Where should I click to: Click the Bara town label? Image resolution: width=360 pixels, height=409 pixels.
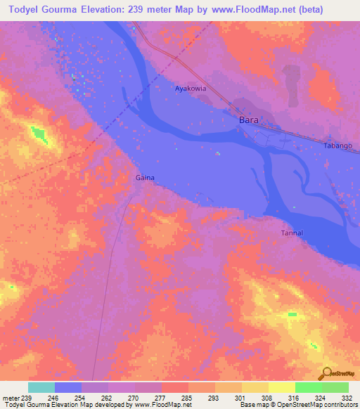pyautogui.click(x=249, y=120)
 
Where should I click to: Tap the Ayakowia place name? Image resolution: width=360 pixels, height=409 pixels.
pyautogui.click(x=191, y=89)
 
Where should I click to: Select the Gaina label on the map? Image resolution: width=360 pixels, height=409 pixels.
pyautogui.click(x=145, y=178)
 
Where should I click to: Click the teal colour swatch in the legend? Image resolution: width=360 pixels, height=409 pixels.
pyautogui.click(x=41, y=387)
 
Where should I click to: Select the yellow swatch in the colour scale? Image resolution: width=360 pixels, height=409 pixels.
pyautogui.click(x=282, y=387)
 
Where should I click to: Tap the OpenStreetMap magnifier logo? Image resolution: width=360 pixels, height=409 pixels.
pyautogui.click(x=327, y=373)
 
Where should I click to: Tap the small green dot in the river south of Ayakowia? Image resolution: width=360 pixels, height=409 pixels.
pyautogui.click(x=218, y=153)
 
